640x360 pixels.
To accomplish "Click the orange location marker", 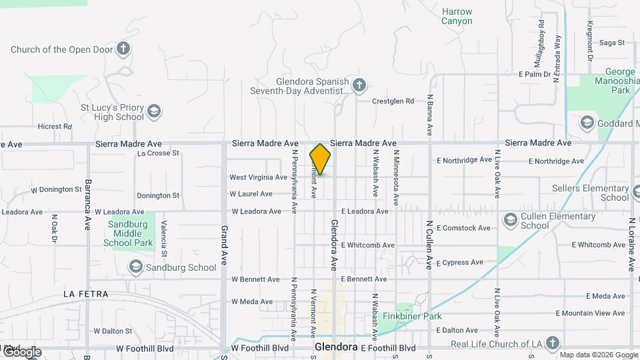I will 320,159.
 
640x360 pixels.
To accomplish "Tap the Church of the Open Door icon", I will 123,49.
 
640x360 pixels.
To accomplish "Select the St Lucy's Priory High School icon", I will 154,111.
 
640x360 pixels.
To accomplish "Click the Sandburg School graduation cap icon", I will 135,267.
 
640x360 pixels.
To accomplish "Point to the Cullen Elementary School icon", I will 510,220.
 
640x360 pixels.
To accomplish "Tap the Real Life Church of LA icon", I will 551,343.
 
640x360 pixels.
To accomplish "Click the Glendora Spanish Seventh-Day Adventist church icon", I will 359,85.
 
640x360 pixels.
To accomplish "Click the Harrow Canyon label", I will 457,16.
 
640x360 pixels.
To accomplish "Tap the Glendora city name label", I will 337,347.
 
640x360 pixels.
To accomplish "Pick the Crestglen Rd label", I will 393,101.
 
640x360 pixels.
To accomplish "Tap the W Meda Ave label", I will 251,302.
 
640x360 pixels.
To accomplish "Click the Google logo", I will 22,352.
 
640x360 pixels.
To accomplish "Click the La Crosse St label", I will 158,153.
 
